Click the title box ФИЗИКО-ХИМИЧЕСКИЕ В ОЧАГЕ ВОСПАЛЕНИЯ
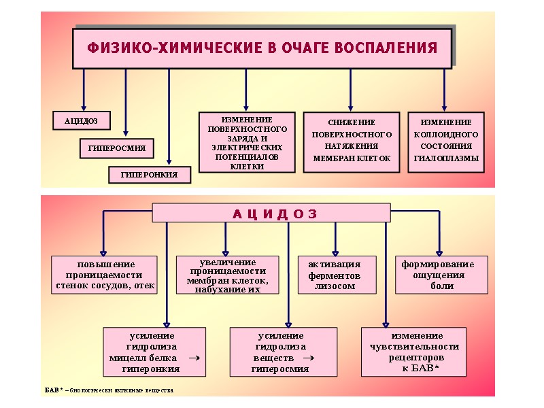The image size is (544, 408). point(262,48)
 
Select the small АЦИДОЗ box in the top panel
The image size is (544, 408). point(81,121)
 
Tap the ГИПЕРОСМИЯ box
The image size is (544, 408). point(116,148)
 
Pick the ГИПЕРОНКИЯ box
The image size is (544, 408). point(150,175)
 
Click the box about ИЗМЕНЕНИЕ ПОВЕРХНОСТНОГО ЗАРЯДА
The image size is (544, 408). point(247,142)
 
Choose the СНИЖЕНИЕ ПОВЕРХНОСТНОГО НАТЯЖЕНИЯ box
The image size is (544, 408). point(350,141)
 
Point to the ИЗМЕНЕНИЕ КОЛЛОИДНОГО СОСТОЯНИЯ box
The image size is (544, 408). point(445,141)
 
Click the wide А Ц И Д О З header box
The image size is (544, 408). point(271,213)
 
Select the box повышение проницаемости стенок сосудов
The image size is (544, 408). point(104,275)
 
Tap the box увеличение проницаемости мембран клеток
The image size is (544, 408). point(227,275)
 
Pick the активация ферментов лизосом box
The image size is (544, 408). point(337,275)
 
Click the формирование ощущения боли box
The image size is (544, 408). point(441,275)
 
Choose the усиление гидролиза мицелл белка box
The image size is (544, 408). point(154,352)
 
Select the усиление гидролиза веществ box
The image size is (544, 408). point(283,352)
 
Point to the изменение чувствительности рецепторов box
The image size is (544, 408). point(414,352)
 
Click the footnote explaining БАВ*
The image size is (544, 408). point(109,390)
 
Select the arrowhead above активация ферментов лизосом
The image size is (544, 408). point(335,252)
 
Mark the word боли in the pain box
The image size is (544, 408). point(441,286)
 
